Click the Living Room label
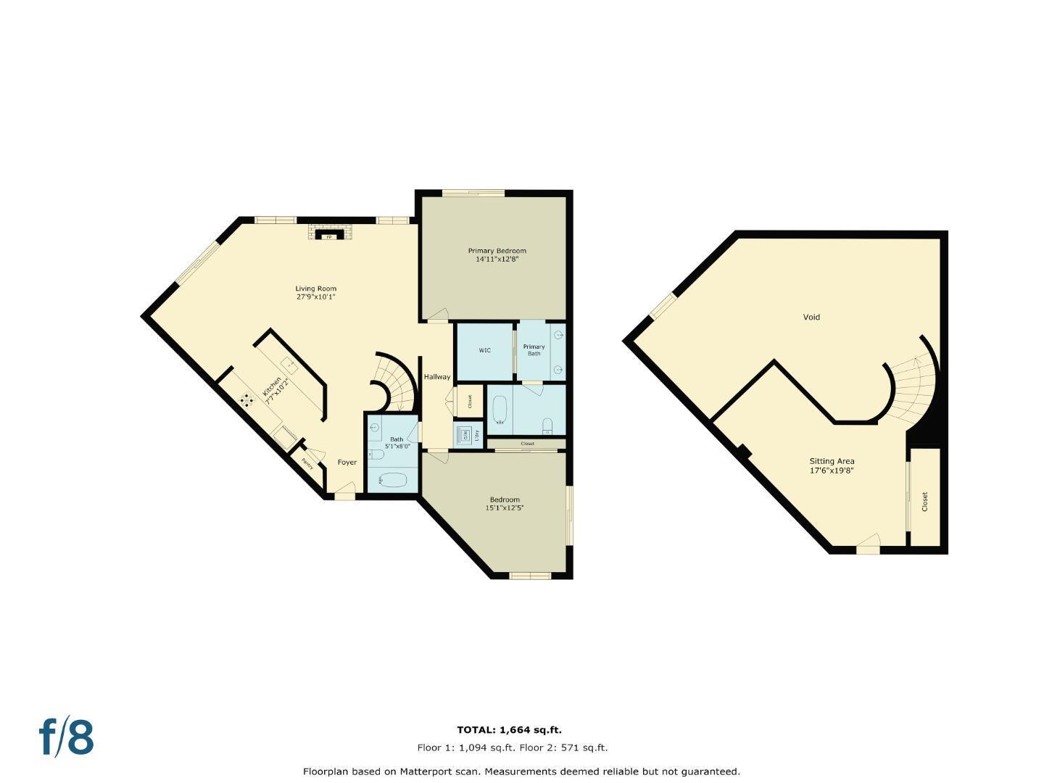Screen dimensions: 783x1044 coord(316,289)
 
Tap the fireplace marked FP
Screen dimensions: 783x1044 coord(328,236)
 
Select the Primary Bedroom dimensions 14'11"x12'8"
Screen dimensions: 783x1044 coord(497,259)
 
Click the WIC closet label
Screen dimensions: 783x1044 coord(484,350)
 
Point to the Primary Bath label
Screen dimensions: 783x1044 coord(534,350)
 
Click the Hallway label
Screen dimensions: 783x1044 coord(436,377)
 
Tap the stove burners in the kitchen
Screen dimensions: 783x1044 coord(246,398)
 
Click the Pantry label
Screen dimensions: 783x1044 coord(308,463)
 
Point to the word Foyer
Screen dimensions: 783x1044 coord(347,463)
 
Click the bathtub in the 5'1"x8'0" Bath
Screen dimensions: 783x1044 coord(392,479)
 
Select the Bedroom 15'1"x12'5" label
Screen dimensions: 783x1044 coord(505,504)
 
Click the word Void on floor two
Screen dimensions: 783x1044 coord(811,317)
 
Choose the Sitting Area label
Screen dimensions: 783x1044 coord(832,465)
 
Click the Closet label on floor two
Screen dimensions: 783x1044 coord(924,502)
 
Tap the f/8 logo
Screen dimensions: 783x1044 coord(66,737)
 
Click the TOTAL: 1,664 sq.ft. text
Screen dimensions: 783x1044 coord(509,730)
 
